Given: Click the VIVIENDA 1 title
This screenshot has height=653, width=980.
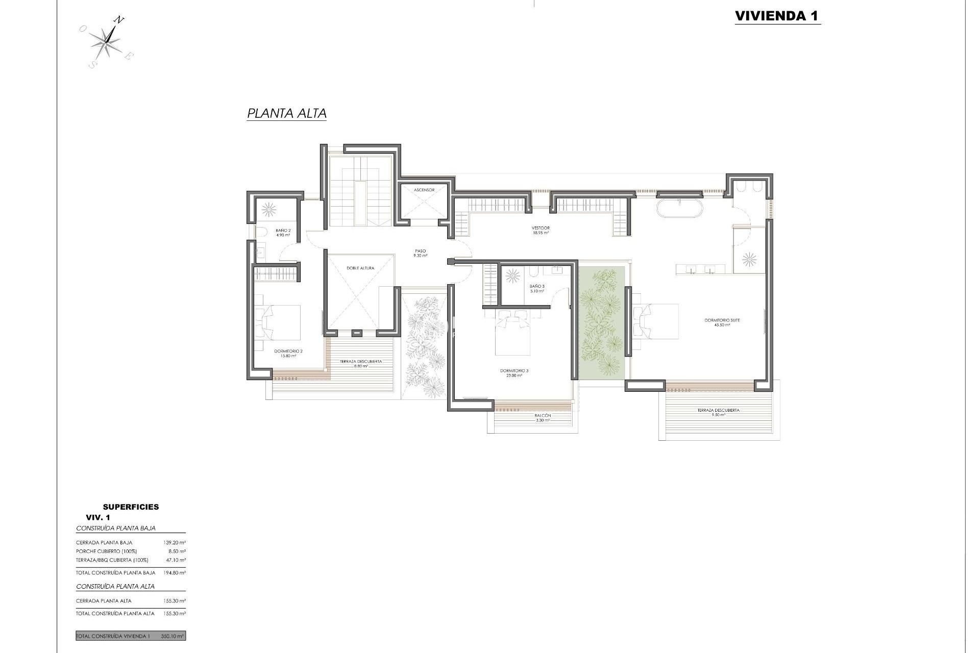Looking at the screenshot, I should pos(777,16).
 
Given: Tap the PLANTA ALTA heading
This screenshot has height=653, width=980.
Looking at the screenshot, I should pos(286,113).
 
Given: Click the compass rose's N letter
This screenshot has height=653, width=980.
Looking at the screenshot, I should pos(118,20).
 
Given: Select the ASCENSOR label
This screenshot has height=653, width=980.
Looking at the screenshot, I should pos(424,190).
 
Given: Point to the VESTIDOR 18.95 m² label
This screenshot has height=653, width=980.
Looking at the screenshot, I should pos(541,230).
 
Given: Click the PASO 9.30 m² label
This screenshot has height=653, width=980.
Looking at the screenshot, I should pos(420,253).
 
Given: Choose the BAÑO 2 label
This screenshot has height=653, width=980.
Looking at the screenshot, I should pos(283,233).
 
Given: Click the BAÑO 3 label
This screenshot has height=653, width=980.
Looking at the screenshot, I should pos(537,289).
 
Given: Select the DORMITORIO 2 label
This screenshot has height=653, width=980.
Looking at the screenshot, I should pos(288,353).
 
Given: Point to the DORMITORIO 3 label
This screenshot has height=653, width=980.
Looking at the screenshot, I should pos(514,373).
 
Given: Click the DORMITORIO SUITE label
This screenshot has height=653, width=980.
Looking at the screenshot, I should pos(722,322).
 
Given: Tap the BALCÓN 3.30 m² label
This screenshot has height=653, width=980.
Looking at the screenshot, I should pos(543,417).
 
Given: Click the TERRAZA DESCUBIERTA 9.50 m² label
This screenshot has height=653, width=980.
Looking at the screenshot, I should pos(718,412).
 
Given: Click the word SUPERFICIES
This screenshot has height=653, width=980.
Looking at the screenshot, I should pos(131,507).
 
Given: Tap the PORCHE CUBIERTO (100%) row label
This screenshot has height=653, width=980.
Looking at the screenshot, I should pos(105,551).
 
